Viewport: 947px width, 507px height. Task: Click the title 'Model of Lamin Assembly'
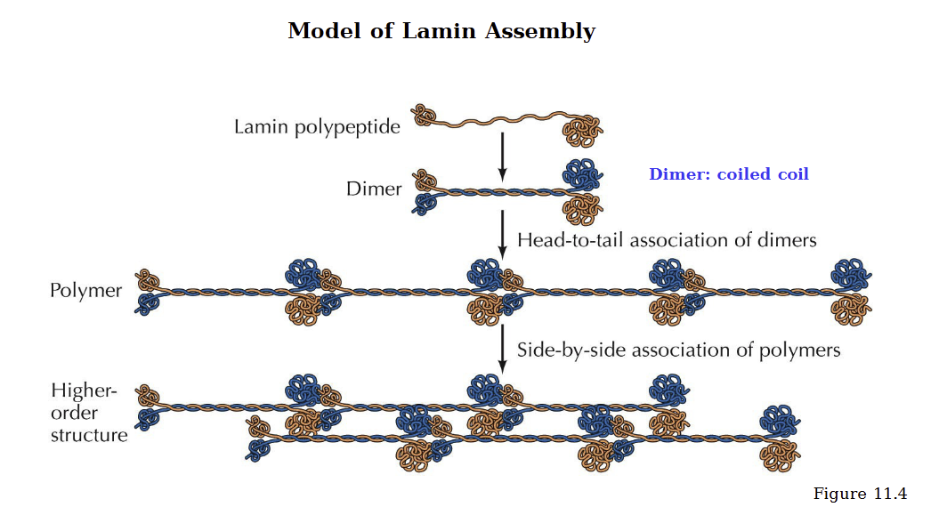click(441, 31)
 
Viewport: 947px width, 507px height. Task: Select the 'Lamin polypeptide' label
click(317, 127)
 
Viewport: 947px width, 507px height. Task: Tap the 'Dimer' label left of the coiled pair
click(374, 189)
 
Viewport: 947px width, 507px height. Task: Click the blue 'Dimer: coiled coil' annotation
click(728, 174)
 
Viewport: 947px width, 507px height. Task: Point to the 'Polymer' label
click(85, 291)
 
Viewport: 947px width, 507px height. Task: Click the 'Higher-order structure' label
click(88, 413)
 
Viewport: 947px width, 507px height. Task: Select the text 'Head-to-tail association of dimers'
click(667, 240)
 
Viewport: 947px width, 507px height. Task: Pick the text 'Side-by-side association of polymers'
click(678, 350)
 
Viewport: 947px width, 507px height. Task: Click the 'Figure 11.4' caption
click(859, 494)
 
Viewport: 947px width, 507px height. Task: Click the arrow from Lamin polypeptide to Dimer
click(503, 155)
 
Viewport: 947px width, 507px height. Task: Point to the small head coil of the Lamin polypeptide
click(425, 116)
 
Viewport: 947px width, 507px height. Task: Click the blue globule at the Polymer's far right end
click(849, 273)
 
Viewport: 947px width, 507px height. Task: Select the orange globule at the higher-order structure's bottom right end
click(781, 455)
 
